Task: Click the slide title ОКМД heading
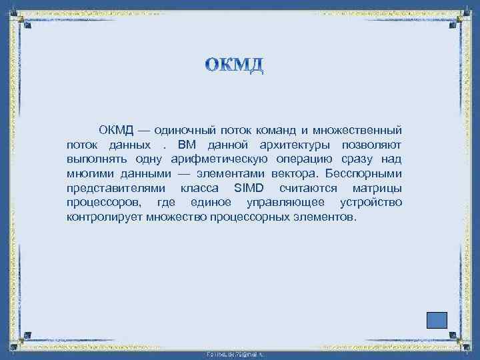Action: [x=235, y=65]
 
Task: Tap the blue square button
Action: [x=437, y=319]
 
